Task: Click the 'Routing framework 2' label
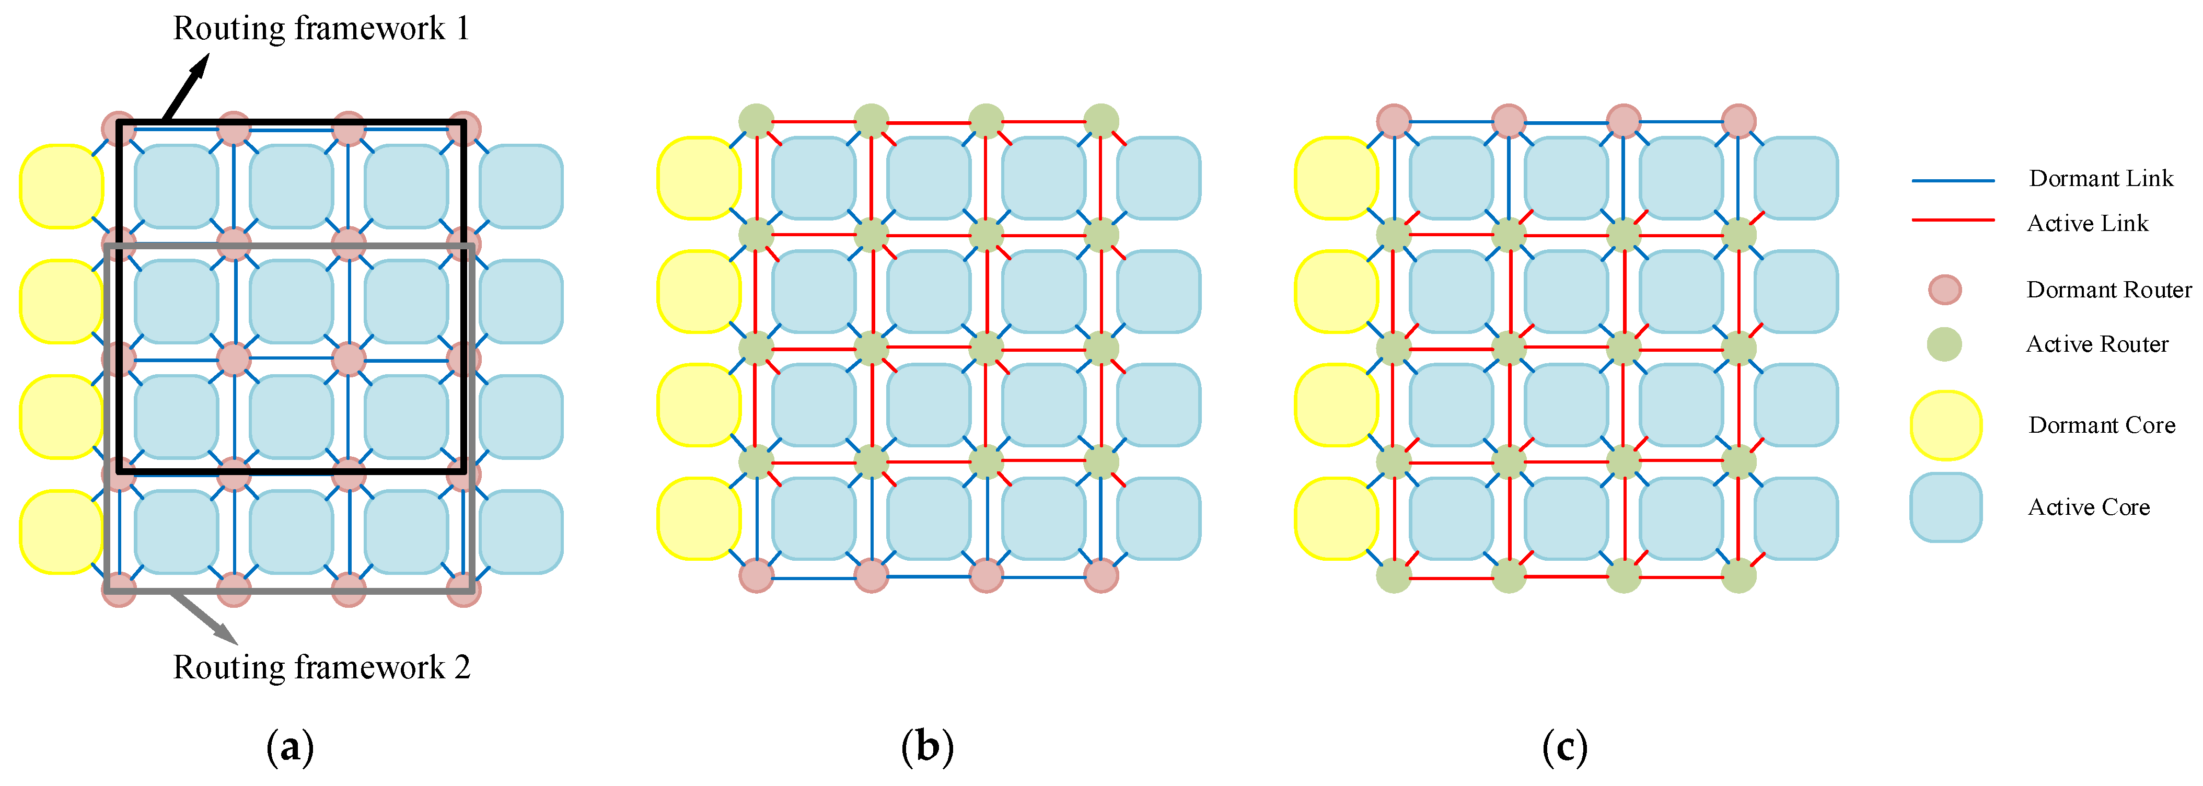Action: (321, 667)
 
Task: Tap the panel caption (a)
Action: (290, 747)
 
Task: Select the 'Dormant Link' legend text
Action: (2101, 179)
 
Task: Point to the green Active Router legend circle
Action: (1944, 344)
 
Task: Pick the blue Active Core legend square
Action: (1945, 507)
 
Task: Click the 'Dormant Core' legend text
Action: (2101, 425)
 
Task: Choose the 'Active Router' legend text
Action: (2097, 344)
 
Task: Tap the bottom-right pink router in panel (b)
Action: (1100, 575)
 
